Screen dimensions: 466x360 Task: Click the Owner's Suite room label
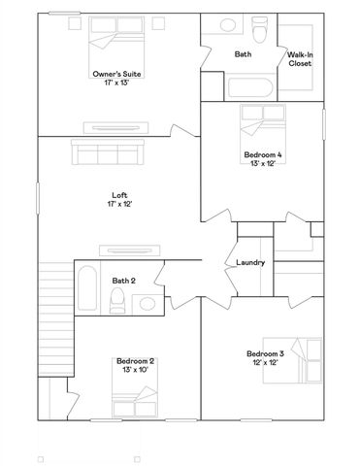click(x=117, y=73)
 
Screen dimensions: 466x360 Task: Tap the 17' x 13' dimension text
click(x=117, y=83)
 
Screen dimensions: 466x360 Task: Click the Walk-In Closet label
click(x=299, y=59)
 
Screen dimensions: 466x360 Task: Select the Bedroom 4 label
click(x=263, y=154)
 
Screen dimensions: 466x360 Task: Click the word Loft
click(x=118, y=195)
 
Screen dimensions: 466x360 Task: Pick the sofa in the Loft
click(x=107, y=153)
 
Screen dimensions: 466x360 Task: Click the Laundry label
click(x=251, y=263)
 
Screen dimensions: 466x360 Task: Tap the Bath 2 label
click(x=123, y=281)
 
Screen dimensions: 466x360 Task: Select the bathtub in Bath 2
click(x=85, y=288)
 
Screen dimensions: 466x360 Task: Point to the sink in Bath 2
click(x=147, y=304)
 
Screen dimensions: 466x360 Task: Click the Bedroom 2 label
click(x=135, y=361)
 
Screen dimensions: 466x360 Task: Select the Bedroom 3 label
click(x=264, y=353)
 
